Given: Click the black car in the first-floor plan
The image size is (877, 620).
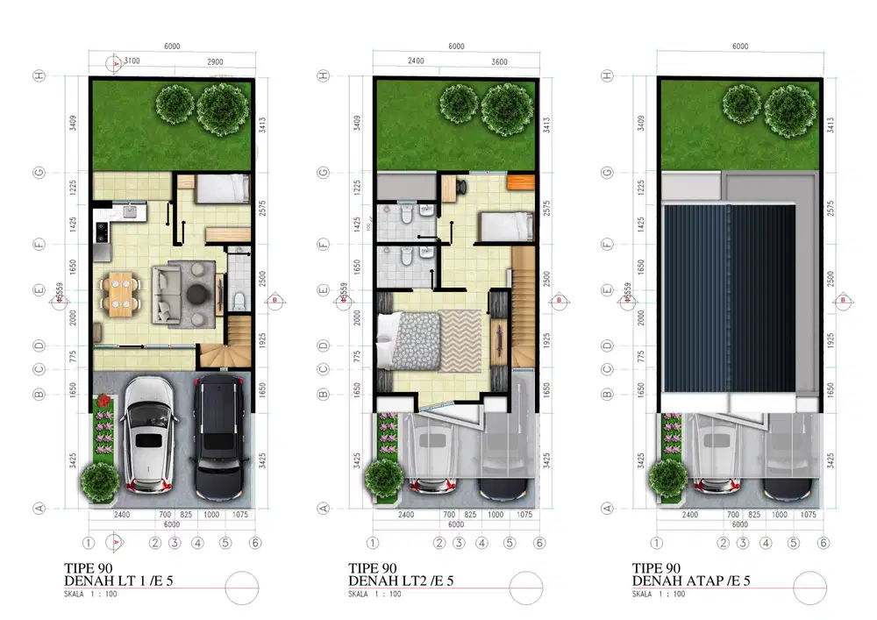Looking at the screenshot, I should point(217,436).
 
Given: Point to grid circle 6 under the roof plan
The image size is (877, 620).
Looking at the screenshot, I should point(823,543).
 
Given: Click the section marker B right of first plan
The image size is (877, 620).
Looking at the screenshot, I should point(275,300).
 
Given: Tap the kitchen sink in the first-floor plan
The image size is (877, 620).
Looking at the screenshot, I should point(131,210).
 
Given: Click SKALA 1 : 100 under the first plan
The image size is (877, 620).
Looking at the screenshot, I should point(91,595).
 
